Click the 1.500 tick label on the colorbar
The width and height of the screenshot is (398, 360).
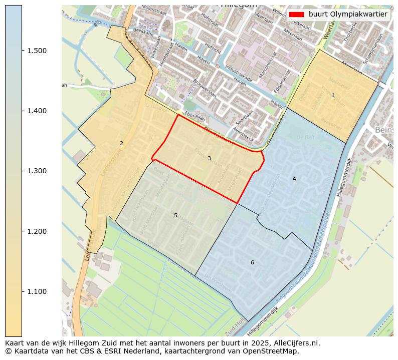tap(36, 51)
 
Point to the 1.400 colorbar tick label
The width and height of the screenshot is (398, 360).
tap(36, 111)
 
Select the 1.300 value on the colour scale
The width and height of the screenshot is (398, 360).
tap(36, 171)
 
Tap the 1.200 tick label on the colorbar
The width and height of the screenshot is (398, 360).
tap(36, 231)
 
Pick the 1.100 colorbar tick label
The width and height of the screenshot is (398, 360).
tap(36, 291)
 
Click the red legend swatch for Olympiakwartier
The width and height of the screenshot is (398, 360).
tap(297, 15)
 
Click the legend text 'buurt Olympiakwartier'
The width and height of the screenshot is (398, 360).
tap(348, 15)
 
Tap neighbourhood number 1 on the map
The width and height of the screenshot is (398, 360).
tap(333, 95)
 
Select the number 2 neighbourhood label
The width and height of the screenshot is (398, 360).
tap(121, 143)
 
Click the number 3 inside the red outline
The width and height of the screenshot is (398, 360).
tap(209, 158)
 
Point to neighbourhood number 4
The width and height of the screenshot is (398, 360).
tap(294, 179)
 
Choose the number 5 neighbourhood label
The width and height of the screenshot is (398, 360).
tap(175, 215)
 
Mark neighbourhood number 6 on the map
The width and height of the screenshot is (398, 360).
tap(252, 262)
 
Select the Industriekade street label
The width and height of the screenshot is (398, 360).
tap(239, 74)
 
